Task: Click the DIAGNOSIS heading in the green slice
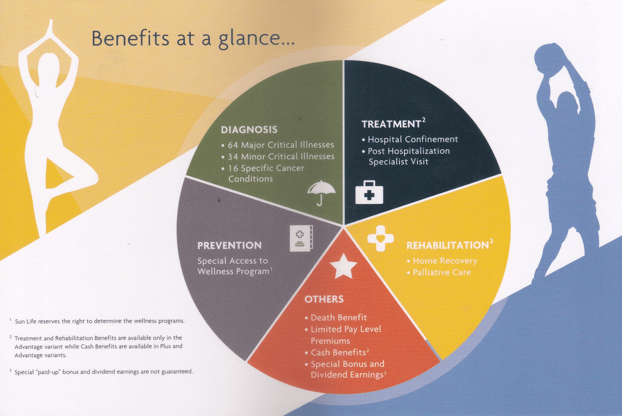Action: [x=249, y=130]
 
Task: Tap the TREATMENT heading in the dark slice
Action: [x=391, y=124]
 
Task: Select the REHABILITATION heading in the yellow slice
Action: [x=447, y=246]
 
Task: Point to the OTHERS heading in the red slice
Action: [x=324, y=299]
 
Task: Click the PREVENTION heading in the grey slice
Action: [x=229, y=246]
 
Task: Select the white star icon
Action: [x=343, y=266]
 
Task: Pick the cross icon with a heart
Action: [x=380, y=239]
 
